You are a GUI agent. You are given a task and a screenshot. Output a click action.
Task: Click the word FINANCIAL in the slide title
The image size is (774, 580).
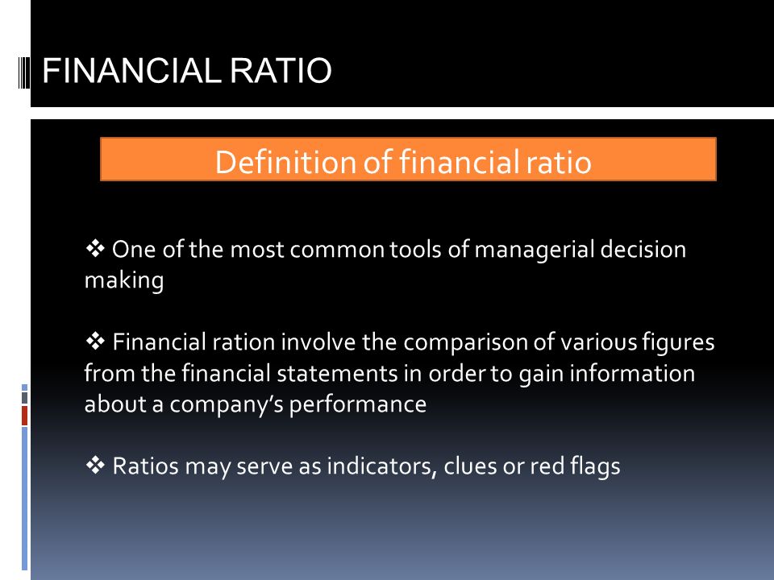click(131, 71)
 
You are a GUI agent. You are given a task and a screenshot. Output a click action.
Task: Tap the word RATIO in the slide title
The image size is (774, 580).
click(281, 71)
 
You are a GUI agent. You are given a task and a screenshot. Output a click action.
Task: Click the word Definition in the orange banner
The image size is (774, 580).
click(285, 162)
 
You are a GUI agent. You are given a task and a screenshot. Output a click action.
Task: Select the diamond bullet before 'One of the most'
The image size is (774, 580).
click(95, 248)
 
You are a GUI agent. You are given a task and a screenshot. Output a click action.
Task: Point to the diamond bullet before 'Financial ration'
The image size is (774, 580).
click(95, 342)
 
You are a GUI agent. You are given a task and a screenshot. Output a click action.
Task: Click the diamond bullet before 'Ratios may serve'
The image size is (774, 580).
click(95, 465)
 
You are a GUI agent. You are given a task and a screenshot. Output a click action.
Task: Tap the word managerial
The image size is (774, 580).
click(534, 250)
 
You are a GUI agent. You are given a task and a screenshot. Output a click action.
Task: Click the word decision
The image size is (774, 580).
click(643, 249)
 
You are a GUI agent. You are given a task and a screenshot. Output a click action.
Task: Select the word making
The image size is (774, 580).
click(124, 281)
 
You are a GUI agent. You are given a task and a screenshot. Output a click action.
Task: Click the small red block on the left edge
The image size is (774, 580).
click(24, 416)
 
